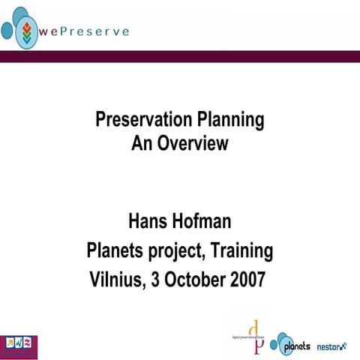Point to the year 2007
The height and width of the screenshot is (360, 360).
point(246,279)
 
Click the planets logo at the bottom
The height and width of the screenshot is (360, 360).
point(290,343)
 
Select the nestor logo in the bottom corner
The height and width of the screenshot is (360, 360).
point(331,346)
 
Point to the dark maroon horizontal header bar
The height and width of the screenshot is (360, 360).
point(180,57)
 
